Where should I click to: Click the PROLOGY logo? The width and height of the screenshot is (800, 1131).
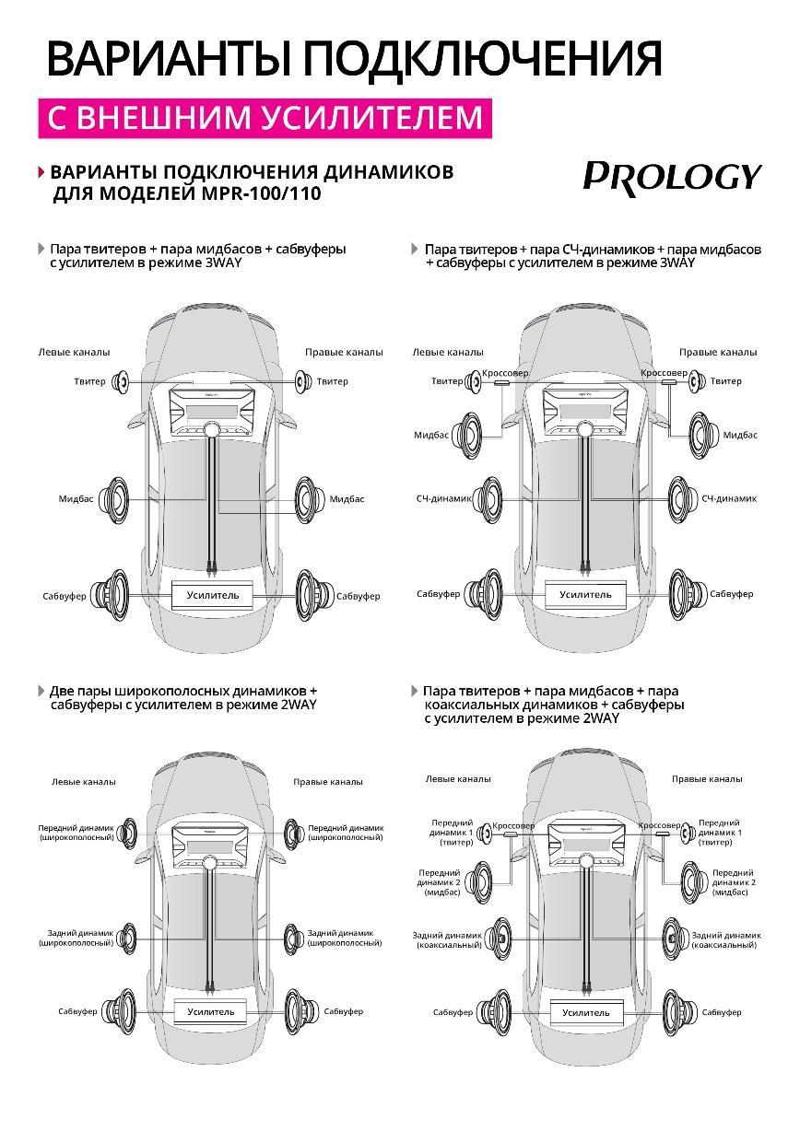(x=672, y=176)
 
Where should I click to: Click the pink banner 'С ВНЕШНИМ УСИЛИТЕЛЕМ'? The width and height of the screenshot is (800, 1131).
(x=265, y=118)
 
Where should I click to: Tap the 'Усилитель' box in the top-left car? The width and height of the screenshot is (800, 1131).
(x=213, y=596)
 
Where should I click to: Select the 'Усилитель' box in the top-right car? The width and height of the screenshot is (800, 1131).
(x=585, y=595)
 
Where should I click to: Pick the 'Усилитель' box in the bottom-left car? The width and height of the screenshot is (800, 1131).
(x=211, y=1012)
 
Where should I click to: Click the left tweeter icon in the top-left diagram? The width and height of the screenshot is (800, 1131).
(x=120, y=381)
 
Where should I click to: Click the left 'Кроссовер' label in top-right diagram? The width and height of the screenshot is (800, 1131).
(x=505, y=373)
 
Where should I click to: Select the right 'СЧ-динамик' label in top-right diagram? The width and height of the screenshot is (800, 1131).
(x=728, y=498)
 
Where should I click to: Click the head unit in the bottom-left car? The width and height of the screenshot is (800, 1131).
(x=211, y=844)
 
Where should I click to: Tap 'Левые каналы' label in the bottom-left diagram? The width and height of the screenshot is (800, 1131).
(x=84, y=782)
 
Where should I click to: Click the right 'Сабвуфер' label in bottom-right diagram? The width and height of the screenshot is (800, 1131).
(x=722, y=1012)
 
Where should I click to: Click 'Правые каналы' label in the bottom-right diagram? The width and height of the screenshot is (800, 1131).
(x=706, y=779)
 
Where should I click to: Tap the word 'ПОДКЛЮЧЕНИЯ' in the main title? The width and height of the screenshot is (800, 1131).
(x=483, y=58)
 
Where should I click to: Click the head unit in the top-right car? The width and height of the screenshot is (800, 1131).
(x=584, y=408)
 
